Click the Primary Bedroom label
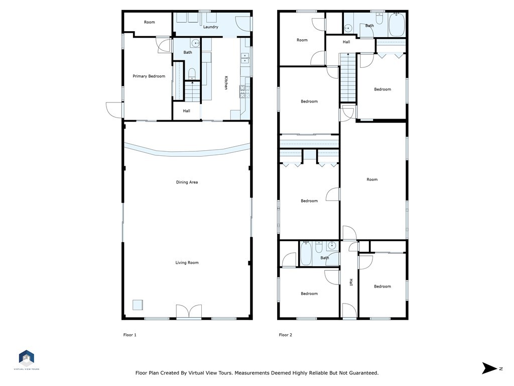tap(149, 76)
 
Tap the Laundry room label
tap(210, 27)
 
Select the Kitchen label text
tap(226, 83)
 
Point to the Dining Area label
tap(187, 182)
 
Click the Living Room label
tap(187, 262)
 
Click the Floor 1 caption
tap(130, 335)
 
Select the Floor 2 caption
tap(286, 335)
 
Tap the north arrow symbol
tap(490, 368)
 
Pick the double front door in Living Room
tap(189, 312)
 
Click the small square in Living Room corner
tap(138, 305)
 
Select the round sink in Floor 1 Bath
tap(196, 43)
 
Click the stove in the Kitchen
tap(244, 91)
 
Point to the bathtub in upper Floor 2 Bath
tap(397, 25)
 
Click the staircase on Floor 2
tap(348, 78)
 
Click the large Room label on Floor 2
tap(372, 179)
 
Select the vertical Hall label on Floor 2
tap(351, 282)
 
